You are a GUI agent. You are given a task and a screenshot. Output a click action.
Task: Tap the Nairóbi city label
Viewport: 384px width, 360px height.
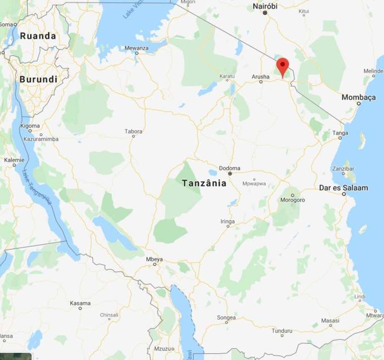(265, 5)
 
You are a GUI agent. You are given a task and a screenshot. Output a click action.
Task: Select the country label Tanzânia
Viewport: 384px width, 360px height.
(204, 183)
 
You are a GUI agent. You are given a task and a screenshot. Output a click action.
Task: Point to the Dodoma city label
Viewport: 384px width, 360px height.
(230, 168)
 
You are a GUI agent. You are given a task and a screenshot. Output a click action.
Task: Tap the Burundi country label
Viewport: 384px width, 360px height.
(38, 79)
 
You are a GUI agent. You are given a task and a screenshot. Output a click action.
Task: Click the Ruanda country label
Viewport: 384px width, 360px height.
(38, 36)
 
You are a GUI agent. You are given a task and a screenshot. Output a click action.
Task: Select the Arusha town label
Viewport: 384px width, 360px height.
(260, 76)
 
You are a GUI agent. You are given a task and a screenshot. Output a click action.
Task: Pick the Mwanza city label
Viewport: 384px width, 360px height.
(136, 48)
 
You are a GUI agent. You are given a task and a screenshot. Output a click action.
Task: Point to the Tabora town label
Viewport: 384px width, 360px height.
(133, 132)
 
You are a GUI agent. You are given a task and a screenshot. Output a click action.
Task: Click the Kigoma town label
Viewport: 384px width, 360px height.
(30, 126)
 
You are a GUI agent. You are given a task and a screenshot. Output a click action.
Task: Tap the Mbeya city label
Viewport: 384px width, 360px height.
(154, 259)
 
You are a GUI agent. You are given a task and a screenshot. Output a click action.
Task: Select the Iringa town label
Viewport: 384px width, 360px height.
(227, 221)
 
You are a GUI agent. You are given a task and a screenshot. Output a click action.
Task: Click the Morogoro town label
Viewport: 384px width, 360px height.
(292, 201)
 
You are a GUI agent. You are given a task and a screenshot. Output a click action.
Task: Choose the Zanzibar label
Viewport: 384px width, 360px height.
(344, 168)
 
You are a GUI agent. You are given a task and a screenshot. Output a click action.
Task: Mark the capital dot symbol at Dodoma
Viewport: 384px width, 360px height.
(230, 174)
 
